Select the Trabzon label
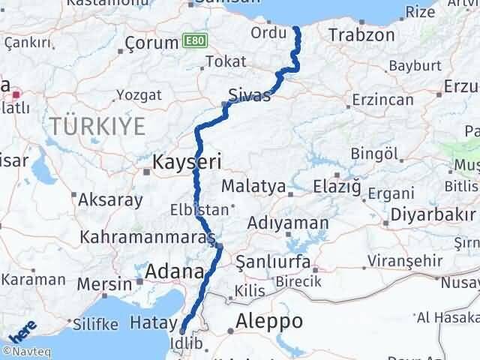coord(361,35)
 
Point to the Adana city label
coord(175,271)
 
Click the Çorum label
coord(151,43)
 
